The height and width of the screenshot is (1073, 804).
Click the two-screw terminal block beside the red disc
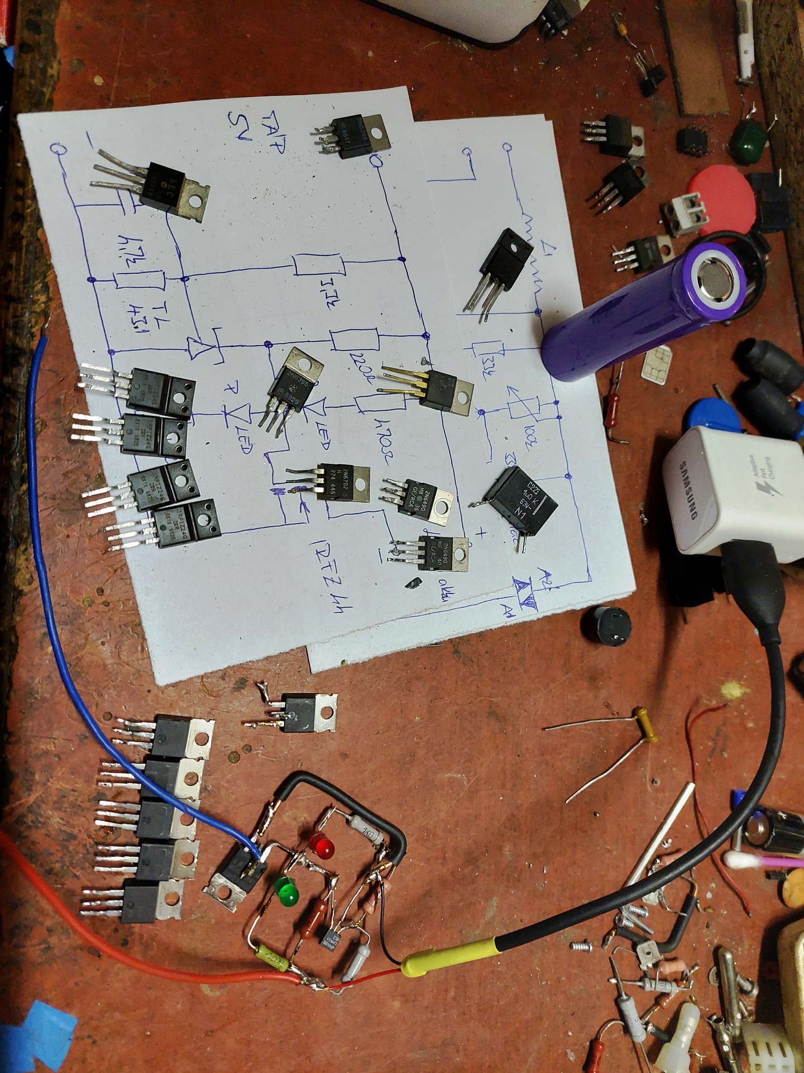(682, 213)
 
